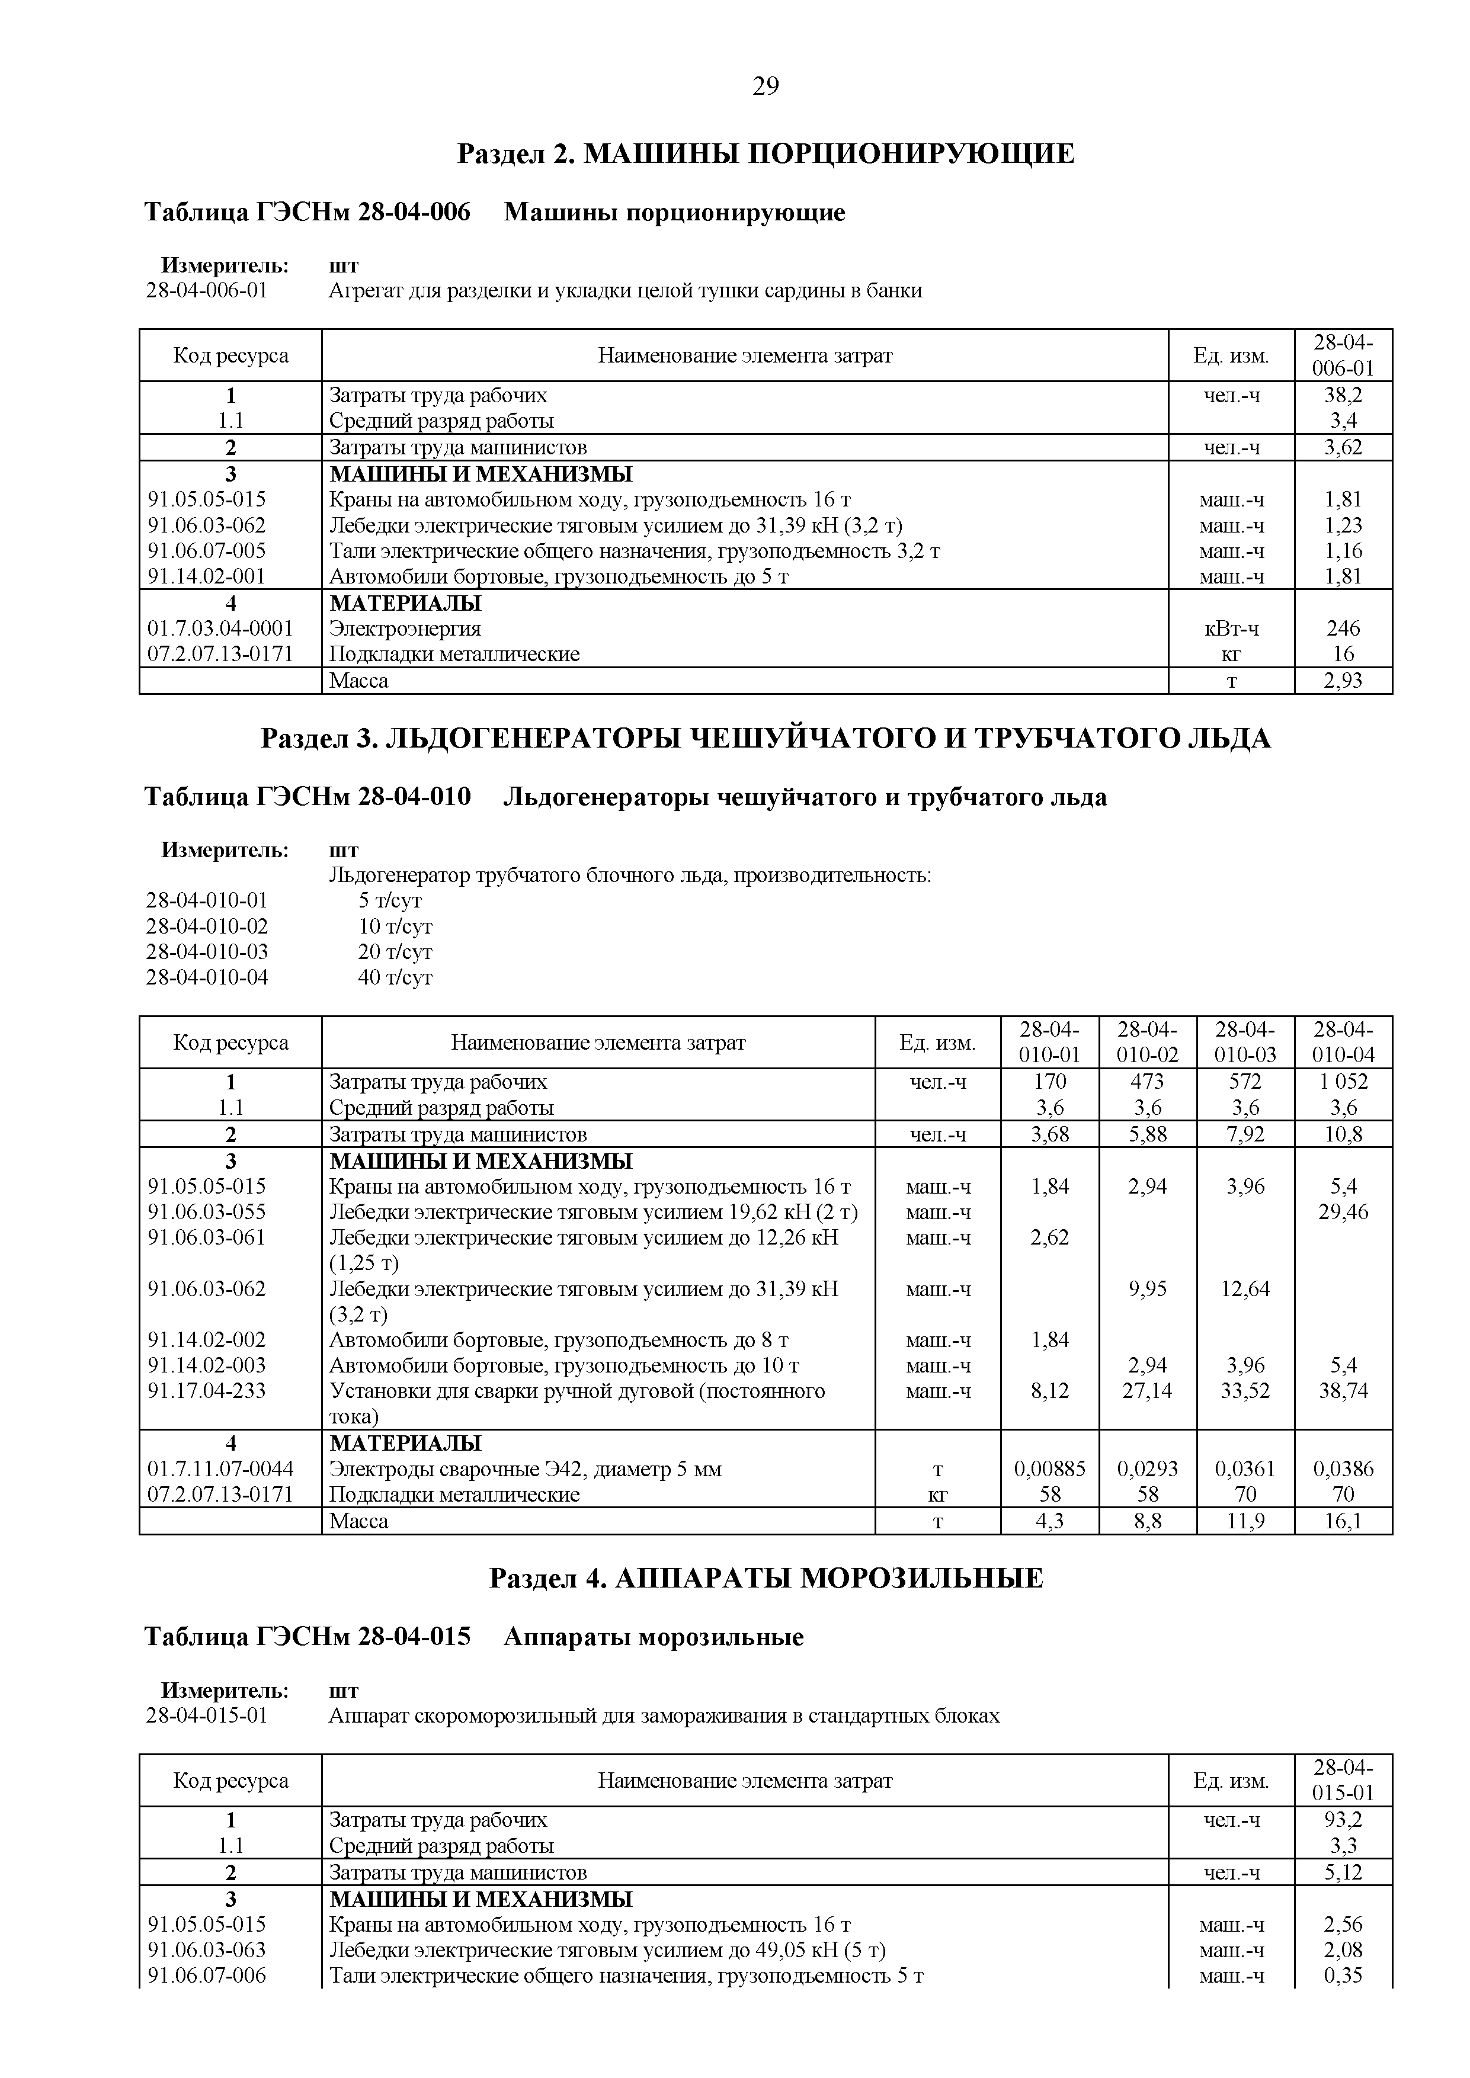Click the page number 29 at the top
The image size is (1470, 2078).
tap(765, 86)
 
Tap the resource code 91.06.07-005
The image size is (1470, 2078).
tap(207, 550)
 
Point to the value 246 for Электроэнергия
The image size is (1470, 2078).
tap(1343, 628)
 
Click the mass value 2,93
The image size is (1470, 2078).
tap(1343, 681)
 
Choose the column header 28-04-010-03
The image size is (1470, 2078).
tap(1245, 1042)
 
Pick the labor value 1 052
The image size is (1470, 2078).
tap(1343, 1082)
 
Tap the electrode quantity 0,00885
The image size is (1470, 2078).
tap(1050, 1469)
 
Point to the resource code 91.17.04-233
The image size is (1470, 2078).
tap(207, 1390)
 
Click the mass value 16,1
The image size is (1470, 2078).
tap(1343, 1521)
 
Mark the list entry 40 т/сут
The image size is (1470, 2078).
tap(396, 977)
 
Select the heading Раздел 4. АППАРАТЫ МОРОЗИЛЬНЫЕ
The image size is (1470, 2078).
tap(766, 1579)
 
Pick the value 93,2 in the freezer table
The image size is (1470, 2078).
tap(1343, 1820)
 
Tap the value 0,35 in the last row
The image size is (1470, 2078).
tap(1343, 1976)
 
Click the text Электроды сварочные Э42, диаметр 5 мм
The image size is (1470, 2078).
tap(525, 1469)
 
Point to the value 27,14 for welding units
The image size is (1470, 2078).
tap(1148, 1390)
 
